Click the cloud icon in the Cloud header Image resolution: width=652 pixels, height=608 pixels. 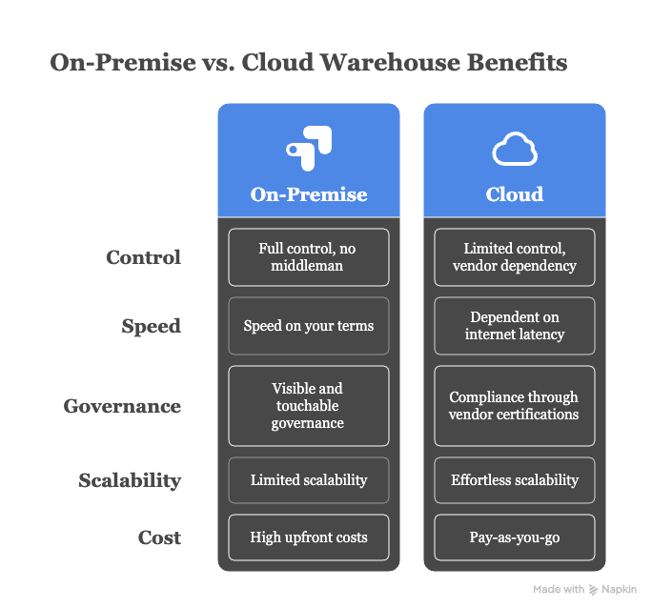click(x=515, y=151)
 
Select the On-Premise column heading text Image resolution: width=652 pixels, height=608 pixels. click(x=309, y=194)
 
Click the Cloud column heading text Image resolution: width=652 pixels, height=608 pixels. click(x=515, y=194)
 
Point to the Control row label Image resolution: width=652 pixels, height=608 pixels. click(x=143, y=257)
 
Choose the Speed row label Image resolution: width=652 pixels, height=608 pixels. click(x=151, y=326)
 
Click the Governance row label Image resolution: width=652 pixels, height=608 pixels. click(x=122, y=406)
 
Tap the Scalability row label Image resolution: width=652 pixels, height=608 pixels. click(x=130, y=480)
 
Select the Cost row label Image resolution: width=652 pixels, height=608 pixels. click(x=158, y=537)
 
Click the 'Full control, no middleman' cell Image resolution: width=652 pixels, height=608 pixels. click(x=309, y=257)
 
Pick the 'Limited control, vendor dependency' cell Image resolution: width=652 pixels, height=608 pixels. click(x=515, y=257)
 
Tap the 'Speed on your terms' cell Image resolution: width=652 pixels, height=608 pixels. click(x=309, y=326)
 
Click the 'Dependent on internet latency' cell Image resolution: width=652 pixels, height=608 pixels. click(x=515, y=326)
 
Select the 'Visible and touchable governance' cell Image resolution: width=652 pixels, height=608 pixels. click(x=309, y=406)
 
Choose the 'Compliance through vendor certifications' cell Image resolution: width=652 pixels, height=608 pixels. click(x=515, y=406)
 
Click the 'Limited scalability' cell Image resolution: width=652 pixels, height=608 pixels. click(x=309, y=480)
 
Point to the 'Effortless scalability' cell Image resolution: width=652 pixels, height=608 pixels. click(x=515, y=480)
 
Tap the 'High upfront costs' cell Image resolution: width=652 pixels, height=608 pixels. click(x=309, y=537)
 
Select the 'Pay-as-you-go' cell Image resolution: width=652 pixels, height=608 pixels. click(x=515, y=537)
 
